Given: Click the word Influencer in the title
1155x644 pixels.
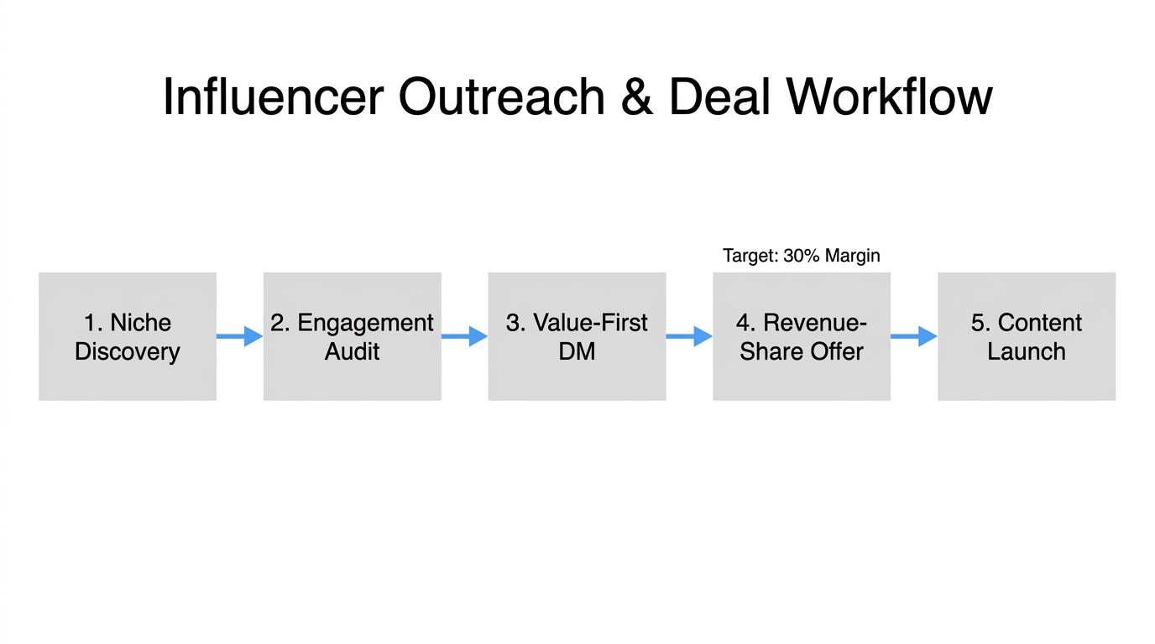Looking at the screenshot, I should coord(273,96).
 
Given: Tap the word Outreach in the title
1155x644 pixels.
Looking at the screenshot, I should coord(501,96).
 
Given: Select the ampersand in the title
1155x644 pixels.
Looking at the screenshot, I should coord(637,96).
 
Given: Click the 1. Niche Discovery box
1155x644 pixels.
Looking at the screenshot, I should coord(128,336).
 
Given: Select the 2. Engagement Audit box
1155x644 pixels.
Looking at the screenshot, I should coord(352,336).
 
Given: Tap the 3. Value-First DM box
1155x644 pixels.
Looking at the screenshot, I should coord(577,336).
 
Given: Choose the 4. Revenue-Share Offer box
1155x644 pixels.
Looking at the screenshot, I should coord(802,336).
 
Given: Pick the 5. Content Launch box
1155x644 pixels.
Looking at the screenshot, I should coord(1027,336).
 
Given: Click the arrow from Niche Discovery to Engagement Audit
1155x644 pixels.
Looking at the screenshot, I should coord(240,336).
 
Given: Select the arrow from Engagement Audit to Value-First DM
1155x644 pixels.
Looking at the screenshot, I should coord(464,336).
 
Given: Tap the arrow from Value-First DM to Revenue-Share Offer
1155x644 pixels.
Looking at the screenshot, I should coord(689,336).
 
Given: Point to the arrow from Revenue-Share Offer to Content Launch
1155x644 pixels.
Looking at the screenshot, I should coord(914,336).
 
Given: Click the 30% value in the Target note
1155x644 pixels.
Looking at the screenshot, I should coord(800,256).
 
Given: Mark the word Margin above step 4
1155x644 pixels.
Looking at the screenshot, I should coord(852,256).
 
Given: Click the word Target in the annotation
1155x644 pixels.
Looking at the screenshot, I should coord(749,256).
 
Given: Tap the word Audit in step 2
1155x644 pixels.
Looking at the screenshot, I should coord(352,351).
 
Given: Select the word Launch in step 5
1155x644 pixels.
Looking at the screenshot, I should coord(1027,351).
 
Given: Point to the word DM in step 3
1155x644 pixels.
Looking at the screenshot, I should coord(577,351).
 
